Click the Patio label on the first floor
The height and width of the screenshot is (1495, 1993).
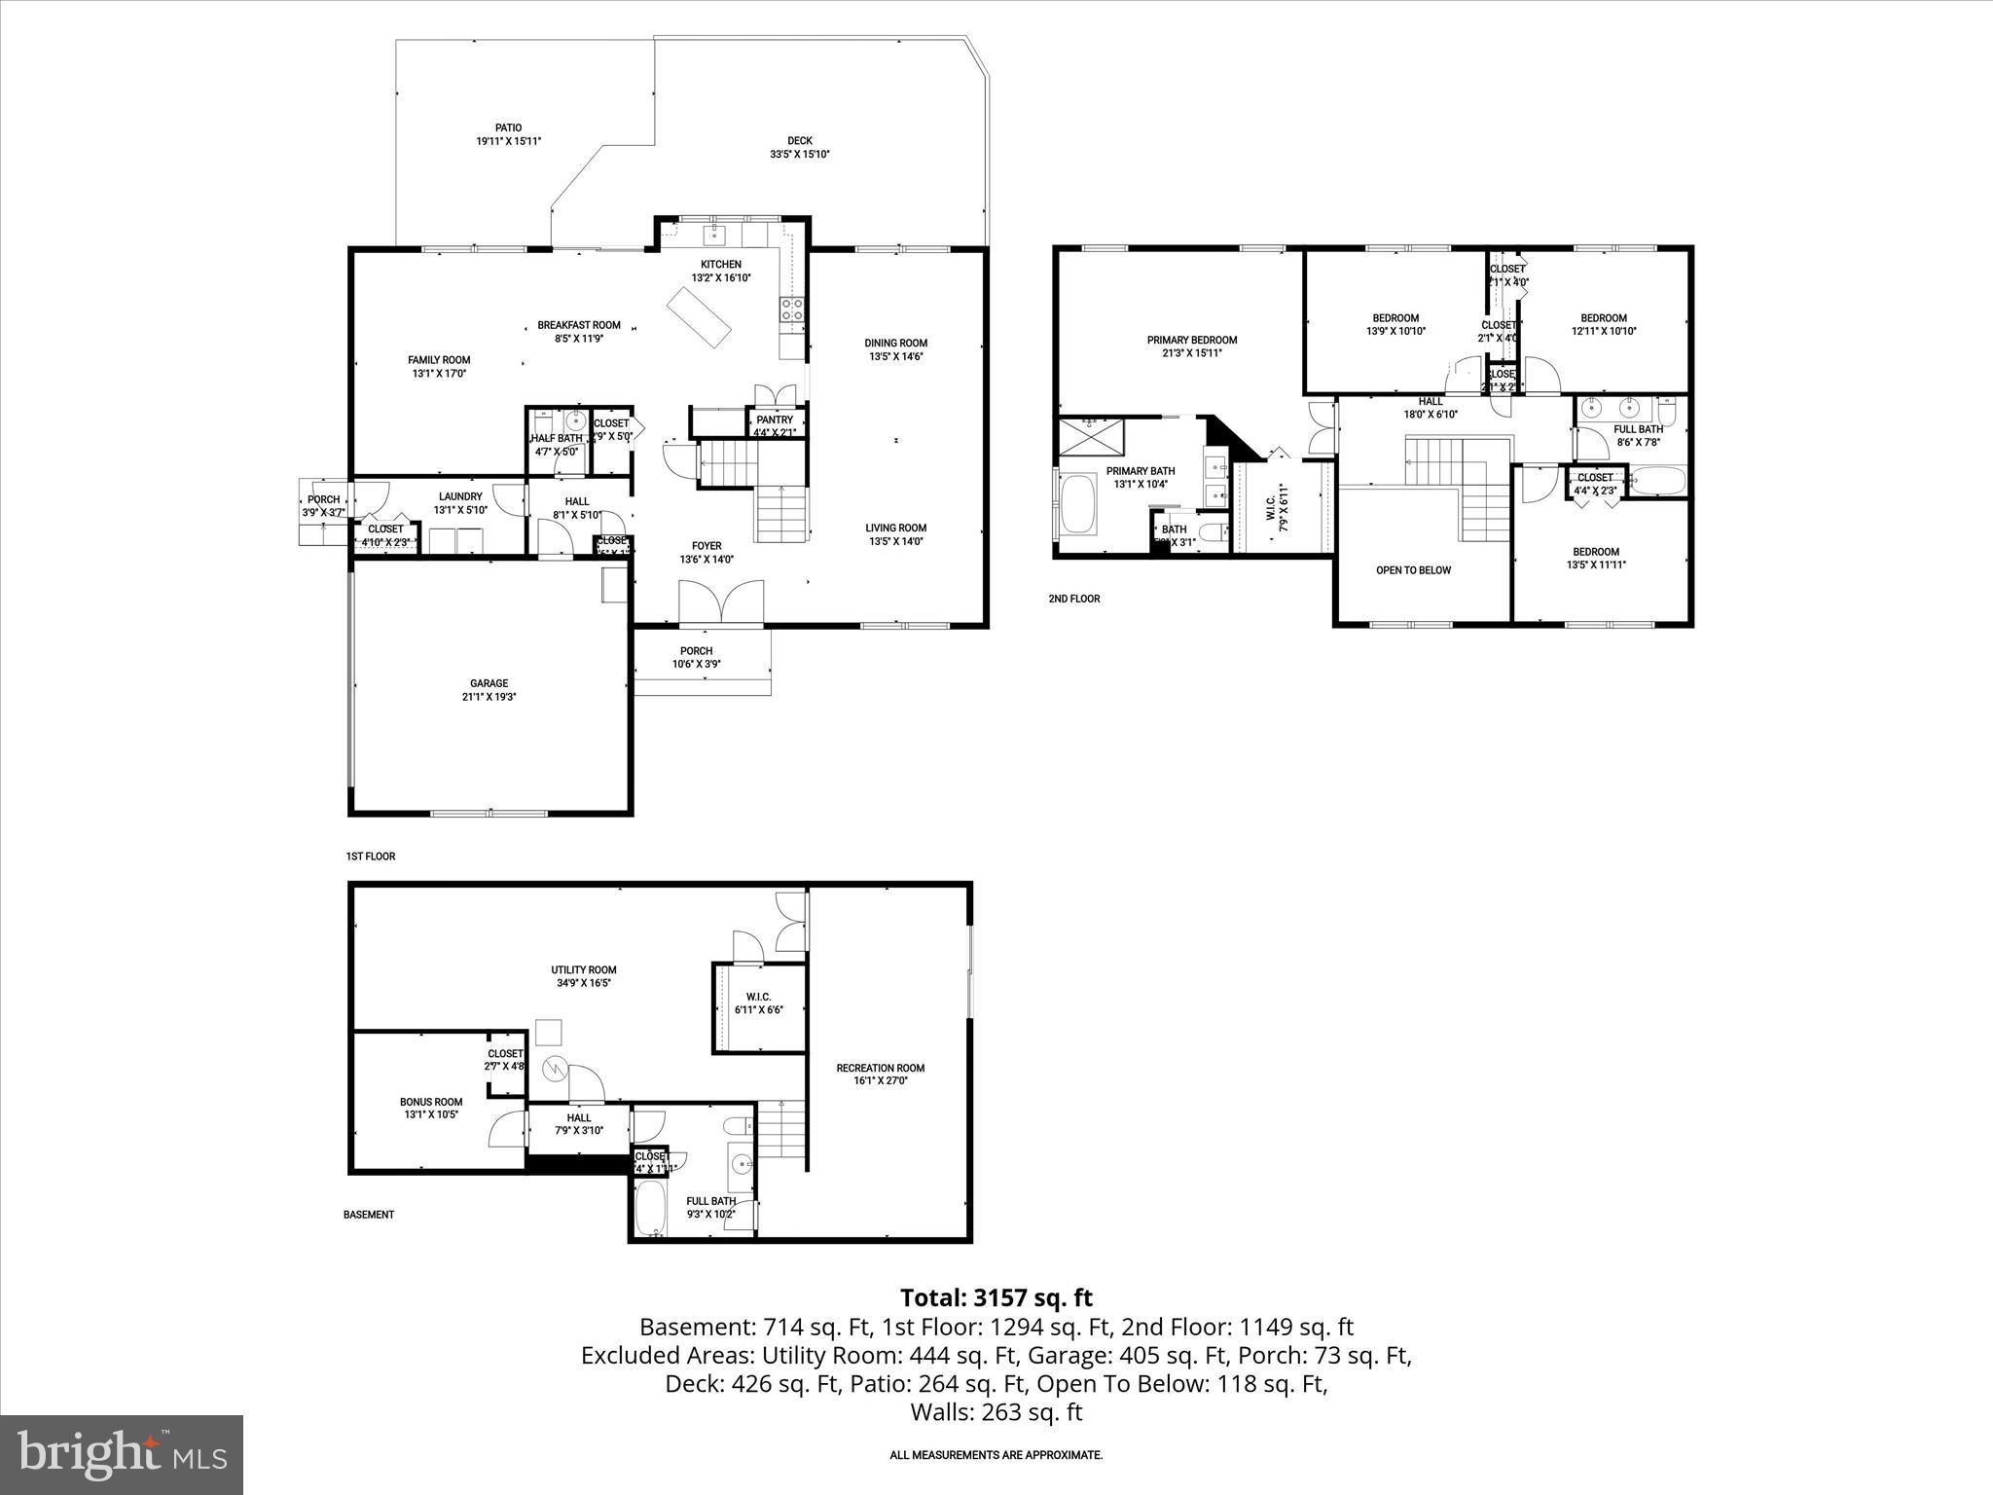pyautogui.click(x=508, y=128)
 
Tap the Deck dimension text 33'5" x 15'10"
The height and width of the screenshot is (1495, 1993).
pyautogui.click(x=799, y=154)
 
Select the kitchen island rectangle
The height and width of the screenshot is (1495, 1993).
pyautogui.click(x=699, y=317)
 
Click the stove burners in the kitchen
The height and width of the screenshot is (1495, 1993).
pyautogui.click(x=791, y=310)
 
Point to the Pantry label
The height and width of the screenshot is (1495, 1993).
pyautogui.click(x=775, y=420)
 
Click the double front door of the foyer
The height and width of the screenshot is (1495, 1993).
pyautogui.click(x=721, y=602)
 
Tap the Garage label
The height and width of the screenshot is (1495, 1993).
pyautogui.click(x=489, y=683)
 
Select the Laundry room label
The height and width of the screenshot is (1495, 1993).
pyautogui.click(x=460, y=496)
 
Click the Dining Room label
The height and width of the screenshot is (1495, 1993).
pyautogui.click(x=896, y=343)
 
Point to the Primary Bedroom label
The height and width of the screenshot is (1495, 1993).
pyautogui.click(x=1191, y=340)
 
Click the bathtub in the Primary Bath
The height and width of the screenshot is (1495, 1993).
pyautogui.click(x=1077, y=503)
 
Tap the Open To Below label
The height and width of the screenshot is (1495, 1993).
pyautogui.click(x=1413, y=570)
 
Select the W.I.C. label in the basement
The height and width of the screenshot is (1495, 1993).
pyautogui.click(x=758, y=997)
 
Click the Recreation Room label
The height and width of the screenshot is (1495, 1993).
pyautogui.click(x=881, y=1068)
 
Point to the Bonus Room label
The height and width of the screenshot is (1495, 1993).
pyautogui.click(x=431, y=1102)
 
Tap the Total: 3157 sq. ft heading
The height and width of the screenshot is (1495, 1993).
pyautogui.click(x=996, y=1297)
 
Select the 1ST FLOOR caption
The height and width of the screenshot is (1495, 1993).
pyautogui.click(x=371, y=857)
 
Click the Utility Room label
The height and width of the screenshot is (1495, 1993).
pyautogui.click(x=584, y=969)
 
